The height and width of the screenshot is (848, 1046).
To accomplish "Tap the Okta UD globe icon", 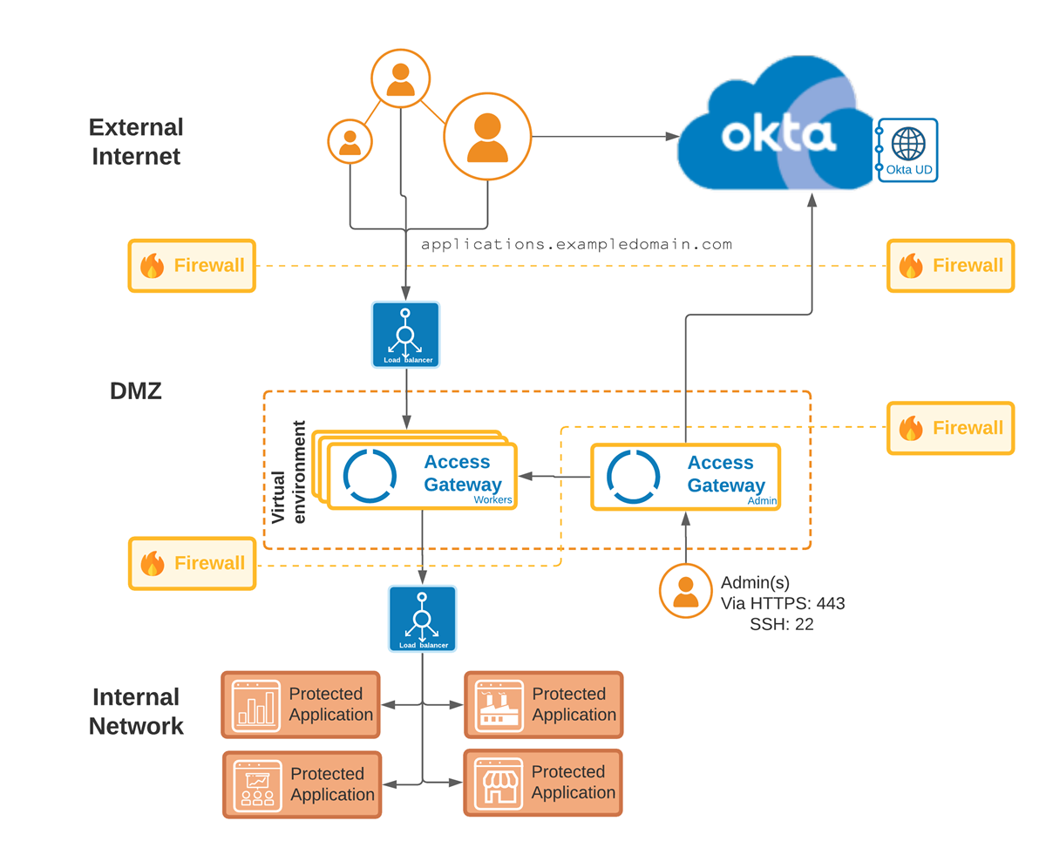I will click(x=909, y=142).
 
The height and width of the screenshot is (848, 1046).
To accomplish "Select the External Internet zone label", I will click(x=136, y=141).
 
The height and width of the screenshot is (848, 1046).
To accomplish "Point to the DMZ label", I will click(x=136, y=391).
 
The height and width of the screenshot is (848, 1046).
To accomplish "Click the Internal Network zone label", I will click(x=136, y=711).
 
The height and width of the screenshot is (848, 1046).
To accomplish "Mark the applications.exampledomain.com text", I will click(x=576, y=244).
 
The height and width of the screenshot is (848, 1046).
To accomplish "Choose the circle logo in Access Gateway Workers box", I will click(x=370, y=475).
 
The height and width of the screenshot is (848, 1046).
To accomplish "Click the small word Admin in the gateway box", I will click(x=761, y=501).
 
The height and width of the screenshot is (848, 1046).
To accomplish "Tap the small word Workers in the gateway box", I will click(x=492, y=500).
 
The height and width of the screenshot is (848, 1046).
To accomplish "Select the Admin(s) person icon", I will click(x=686, y=592).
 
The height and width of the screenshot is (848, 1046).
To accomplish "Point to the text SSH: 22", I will click(x=781, y=624).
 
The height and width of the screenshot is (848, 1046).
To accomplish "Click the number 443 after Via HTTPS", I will click(x=831, y=603).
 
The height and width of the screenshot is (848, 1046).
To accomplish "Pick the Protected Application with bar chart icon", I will click(x=301, y=704).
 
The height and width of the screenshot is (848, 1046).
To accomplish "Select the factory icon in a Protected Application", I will click(x=497, y=704).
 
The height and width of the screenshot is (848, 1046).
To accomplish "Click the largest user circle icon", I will click(x=487, y=137).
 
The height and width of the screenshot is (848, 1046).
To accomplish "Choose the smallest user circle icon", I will click(x=350, y=140).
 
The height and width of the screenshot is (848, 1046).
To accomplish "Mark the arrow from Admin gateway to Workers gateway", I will click(x=554, y=476).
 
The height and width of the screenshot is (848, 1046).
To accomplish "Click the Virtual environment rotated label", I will click(x=289, y=473).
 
